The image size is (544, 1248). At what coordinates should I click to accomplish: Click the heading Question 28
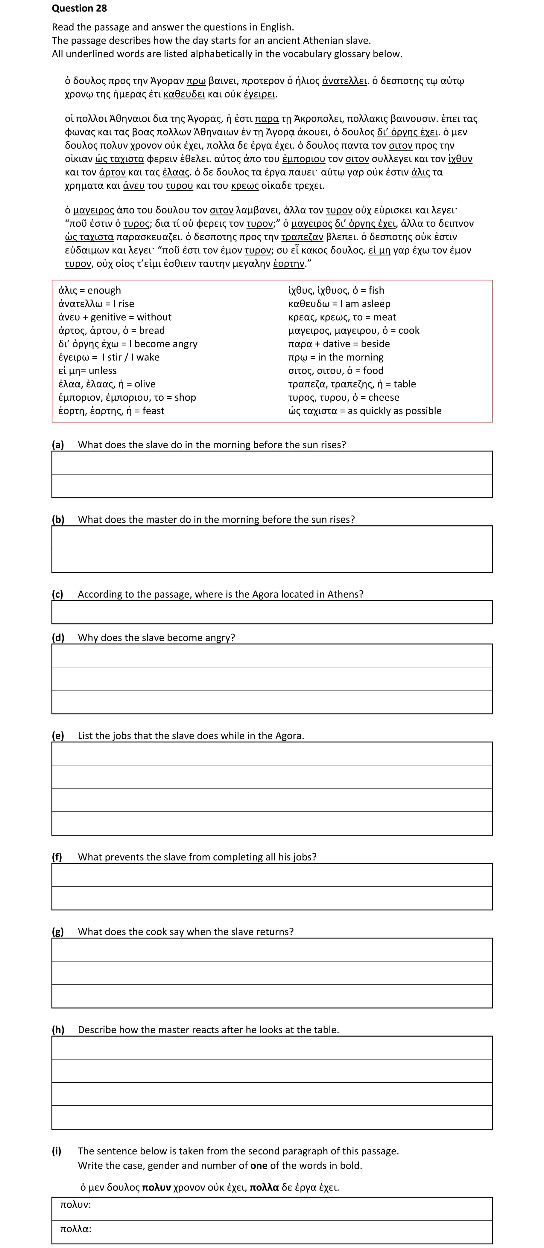pyautogui.click(x=79, y=8)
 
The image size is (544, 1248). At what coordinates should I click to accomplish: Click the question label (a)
pyautogui.click(x=58, y=445)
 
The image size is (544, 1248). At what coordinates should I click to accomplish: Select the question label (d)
pyautogui.click(x=58, y=637)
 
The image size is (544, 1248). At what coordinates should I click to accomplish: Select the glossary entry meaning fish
pyautogui.click(x=335, y=290)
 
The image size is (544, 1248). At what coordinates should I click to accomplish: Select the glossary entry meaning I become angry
pyautogui.click(x=127, y=344)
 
